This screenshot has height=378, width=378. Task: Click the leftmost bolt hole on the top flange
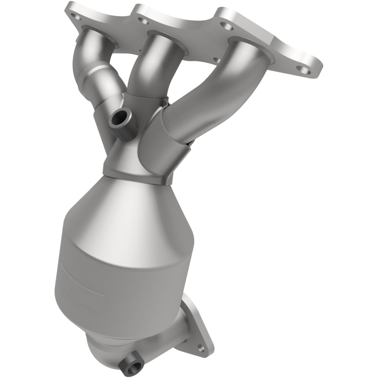coord(75,15)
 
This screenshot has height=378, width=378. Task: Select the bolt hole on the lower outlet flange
coord(202,348)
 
